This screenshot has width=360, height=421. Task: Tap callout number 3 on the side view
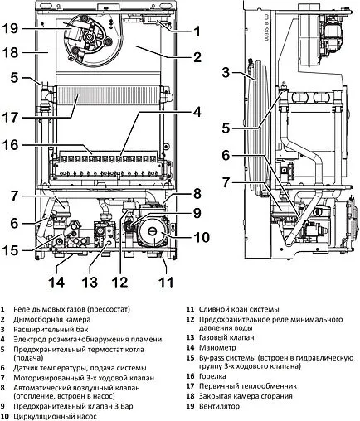pyautogui.click(x=226, y=73)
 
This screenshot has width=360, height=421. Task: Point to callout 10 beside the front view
pyautogui.click(x=202, y=237)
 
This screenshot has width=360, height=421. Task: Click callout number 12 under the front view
pyautogui.click(x=120, y=282)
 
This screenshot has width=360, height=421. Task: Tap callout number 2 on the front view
pyautogui.click(x=197, y=56)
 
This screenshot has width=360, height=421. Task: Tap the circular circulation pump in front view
pyautogui.click(x=152, y=233)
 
